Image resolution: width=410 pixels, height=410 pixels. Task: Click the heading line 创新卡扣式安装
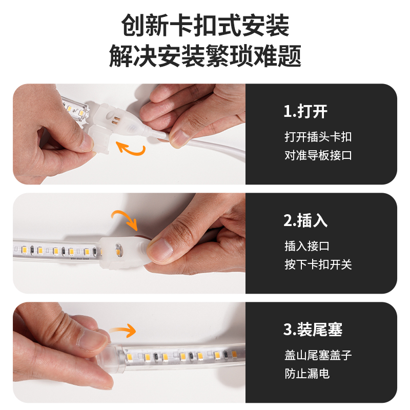pos(205,25)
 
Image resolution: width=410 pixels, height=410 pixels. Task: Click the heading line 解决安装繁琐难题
pos(205,56)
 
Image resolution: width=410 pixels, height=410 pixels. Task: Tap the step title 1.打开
pos(305,111)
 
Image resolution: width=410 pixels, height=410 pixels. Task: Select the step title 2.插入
pos(305,220)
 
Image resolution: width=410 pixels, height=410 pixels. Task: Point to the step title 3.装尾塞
pos(313,330)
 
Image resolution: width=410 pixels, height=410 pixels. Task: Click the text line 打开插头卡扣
pos(318,137)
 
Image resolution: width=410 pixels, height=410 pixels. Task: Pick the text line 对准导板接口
pos(318,155)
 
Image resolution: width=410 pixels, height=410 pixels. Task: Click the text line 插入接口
pos(307,246)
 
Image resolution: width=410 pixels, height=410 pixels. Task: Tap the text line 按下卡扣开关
pos(318,264)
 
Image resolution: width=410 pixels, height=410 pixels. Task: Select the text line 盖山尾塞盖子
pos(318,355)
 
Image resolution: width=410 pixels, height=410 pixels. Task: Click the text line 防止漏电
pos(307,374)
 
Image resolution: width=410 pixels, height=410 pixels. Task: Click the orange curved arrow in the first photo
pos(131,149)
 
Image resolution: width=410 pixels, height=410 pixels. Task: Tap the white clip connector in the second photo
pos(123,251)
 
